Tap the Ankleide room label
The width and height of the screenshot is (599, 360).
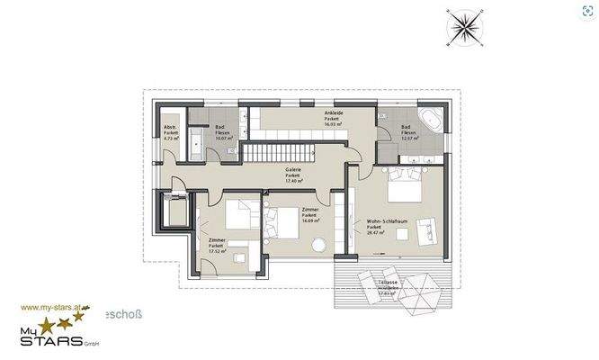[333, 112]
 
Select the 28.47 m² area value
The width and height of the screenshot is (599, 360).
[376, 232]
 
